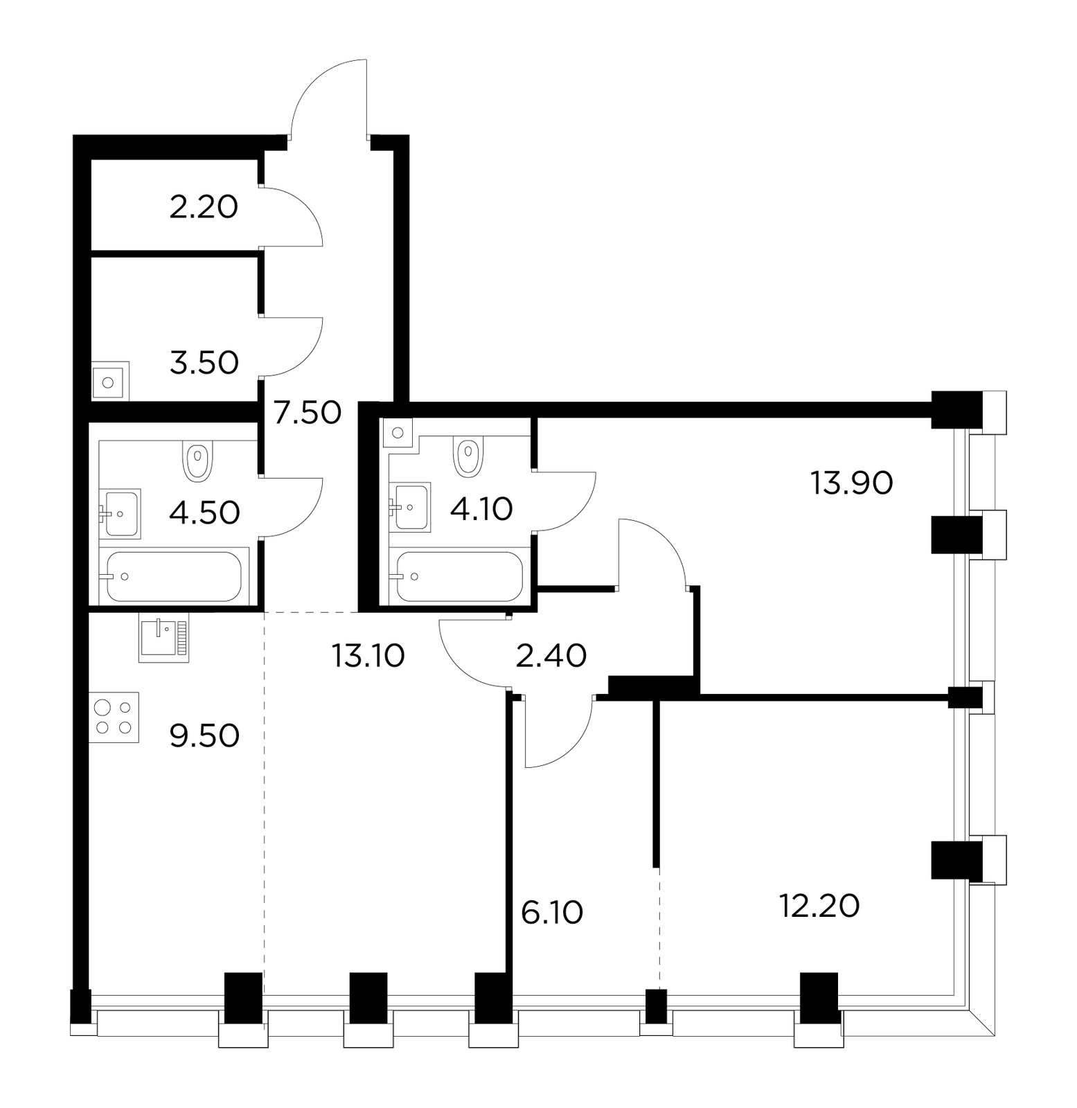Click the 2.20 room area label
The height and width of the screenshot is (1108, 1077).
(x=204, y=207)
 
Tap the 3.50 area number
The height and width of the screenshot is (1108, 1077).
(x=204, y=363)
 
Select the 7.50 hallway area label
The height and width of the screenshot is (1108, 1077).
(x=307, y=413)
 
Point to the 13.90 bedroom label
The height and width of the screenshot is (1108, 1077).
(x=851, y=483)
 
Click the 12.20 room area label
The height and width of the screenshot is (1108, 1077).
(x=819, y=906)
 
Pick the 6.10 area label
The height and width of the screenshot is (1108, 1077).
(x=552, y=913)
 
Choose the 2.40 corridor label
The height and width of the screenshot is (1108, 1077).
(x=552, y=655)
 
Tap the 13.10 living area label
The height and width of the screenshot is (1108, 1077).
(x=368, y=655)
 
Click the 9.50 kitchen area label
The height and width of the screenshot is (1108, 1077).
(x=205, y=735)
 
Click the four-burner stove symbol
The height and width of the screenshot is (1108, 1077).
(x=114, y=717)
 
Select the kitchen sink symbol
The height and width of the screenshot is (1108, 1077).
(x=163, y=638)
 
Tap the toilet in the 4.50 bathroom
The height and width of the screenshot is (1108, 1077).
(x=198, y=461)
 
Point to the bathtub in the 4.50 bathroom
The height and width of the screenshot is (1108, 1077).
(x=174, y=576)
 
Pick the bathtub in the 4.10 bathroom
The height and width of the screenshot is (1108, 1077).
(x=458, y=576)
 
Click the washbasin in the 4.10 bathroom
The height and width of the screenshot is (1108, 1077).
(x=410, y=507)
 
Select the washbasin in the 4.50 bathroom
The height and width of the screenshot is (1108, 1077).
(x=121, y=513)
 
